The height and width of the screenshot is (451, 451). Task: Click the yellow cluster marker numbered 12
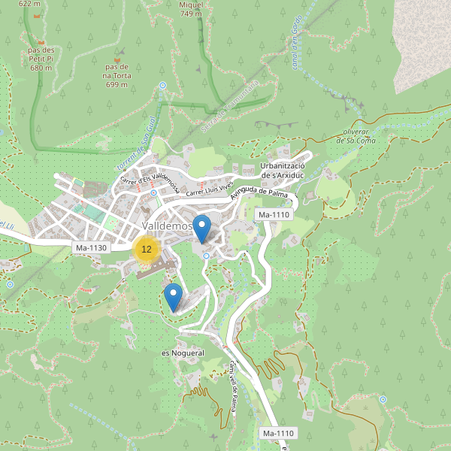tap(147, 249)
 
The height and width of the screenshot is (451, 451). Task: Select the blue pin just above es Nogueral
tap(174, 296)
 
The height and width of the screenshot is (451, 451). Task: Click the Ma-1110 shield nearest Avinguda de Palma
tap(274, 215)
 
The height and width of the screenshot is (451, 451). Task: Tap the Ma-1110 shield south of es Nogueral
tap(278, 434)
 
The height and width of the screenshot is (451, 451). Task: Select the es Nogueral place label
tap(183, 353)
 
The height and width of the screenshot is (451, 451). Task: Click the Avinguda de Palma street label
tap(259, 195)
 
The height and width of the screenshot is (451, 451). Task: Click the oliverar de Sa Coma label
tap(356, 135)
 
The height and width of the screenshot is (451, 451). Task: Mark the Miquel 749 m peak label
tap(191, 8)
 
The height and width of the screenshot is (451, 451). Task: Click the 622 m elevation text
tap(29, 4)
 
